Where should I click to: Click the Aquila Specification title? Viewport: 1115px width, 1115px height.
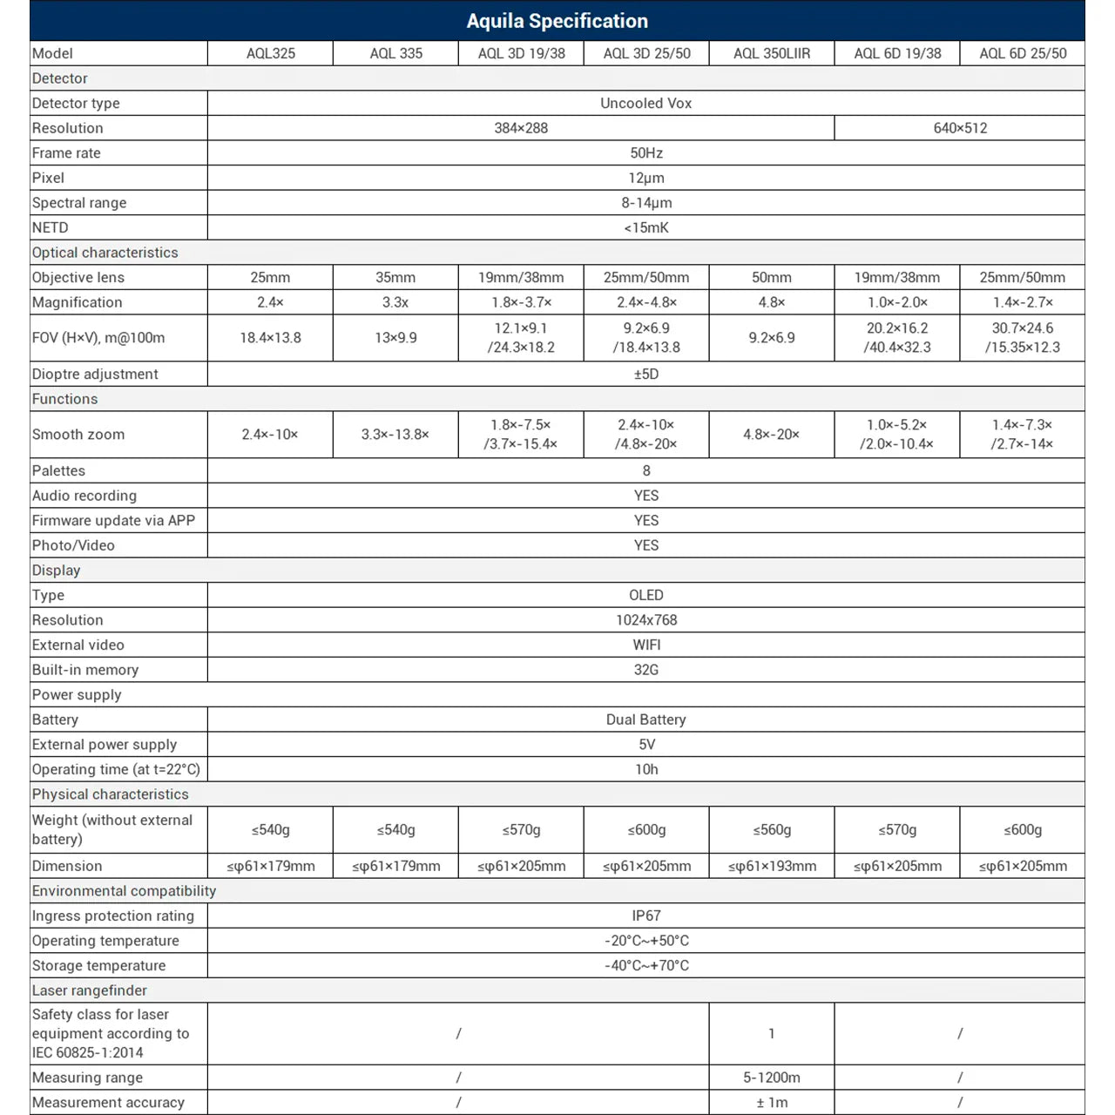pyautogui.click(x=557, y=21)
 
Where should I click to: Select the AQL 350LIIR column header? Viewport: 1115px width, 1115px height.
pyautogui.click(x=771, y=53)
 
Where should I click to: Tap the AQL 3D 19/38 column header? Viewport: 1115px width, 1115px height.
pyautogui.click(x=521, y=53)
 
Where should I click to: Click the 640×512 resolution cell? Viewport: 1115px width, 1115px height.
pyautogui.click(x=960, y=128)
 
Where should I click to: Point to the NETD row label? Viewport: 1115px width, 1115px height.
pyautogui.click(x=51, y=227)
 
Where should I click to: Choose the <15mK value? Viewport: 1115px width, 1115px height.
pyautogui.click(x=645, y=227)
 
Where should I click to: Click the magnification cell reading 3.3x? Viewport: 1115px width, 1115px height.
pyautogui.click(x=395, y=302)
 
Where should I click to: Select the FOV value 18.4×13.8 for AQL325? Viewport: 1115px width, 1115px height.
pyautogui.click(x=270, y=337)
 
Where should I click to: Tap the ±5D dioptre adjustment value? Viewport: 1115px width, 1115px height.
pyautogui.click(x=645, y=374)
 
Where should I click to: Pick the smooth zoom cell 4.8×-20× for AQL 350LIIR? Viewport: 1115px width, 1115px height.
pyautogui.click(x=771, y=434)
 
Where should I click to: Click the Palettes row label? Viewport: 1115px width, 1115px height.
pyautogui.click(x=58, y=470)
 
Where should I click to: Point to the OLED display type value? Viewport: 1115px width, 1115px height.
pyautogui.click(x=645, y=595)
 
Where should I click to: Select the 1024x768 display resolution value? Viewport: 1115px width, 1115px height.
pyautogui.click(x=645, y=620)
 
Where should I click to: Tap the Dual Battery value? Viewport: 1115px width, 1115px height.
pyautogui.click(x=645, y=720)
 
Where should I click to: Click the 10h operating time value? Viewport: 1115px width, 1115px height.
pyautogui.click(x=645, y=769)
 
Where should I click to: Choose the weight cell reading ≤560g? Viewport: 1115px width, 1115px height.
pyautogui.click(x=771, y=829)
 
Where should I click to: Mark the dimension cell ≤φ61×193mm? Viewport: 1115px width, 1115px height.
pyautogui.click(x=771, y=866)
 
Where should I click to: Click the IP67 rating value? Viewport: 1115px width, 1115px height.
pyautogui.click(x=645, y=916)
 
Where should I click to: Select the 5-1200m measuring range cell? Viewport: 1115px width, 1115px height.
pyautogui.click(x=771, y=1078)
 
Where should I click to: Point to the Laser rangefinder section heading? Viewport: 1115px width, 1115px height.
pyautogui.click(x=90, y=990)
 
